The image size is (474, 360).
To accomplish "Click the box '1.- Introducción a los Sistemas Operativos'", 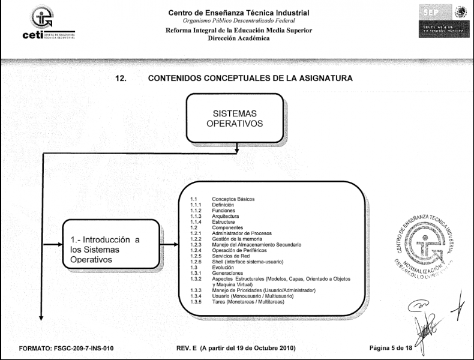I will pyautogui.click(x=111, y=245).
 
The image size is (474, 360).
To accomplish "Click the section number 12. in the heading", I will pyautogui.click(x=121, y=78).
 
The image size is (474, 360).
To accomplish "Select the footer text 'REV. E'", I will pyautogui.click(x=188, y=348).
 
